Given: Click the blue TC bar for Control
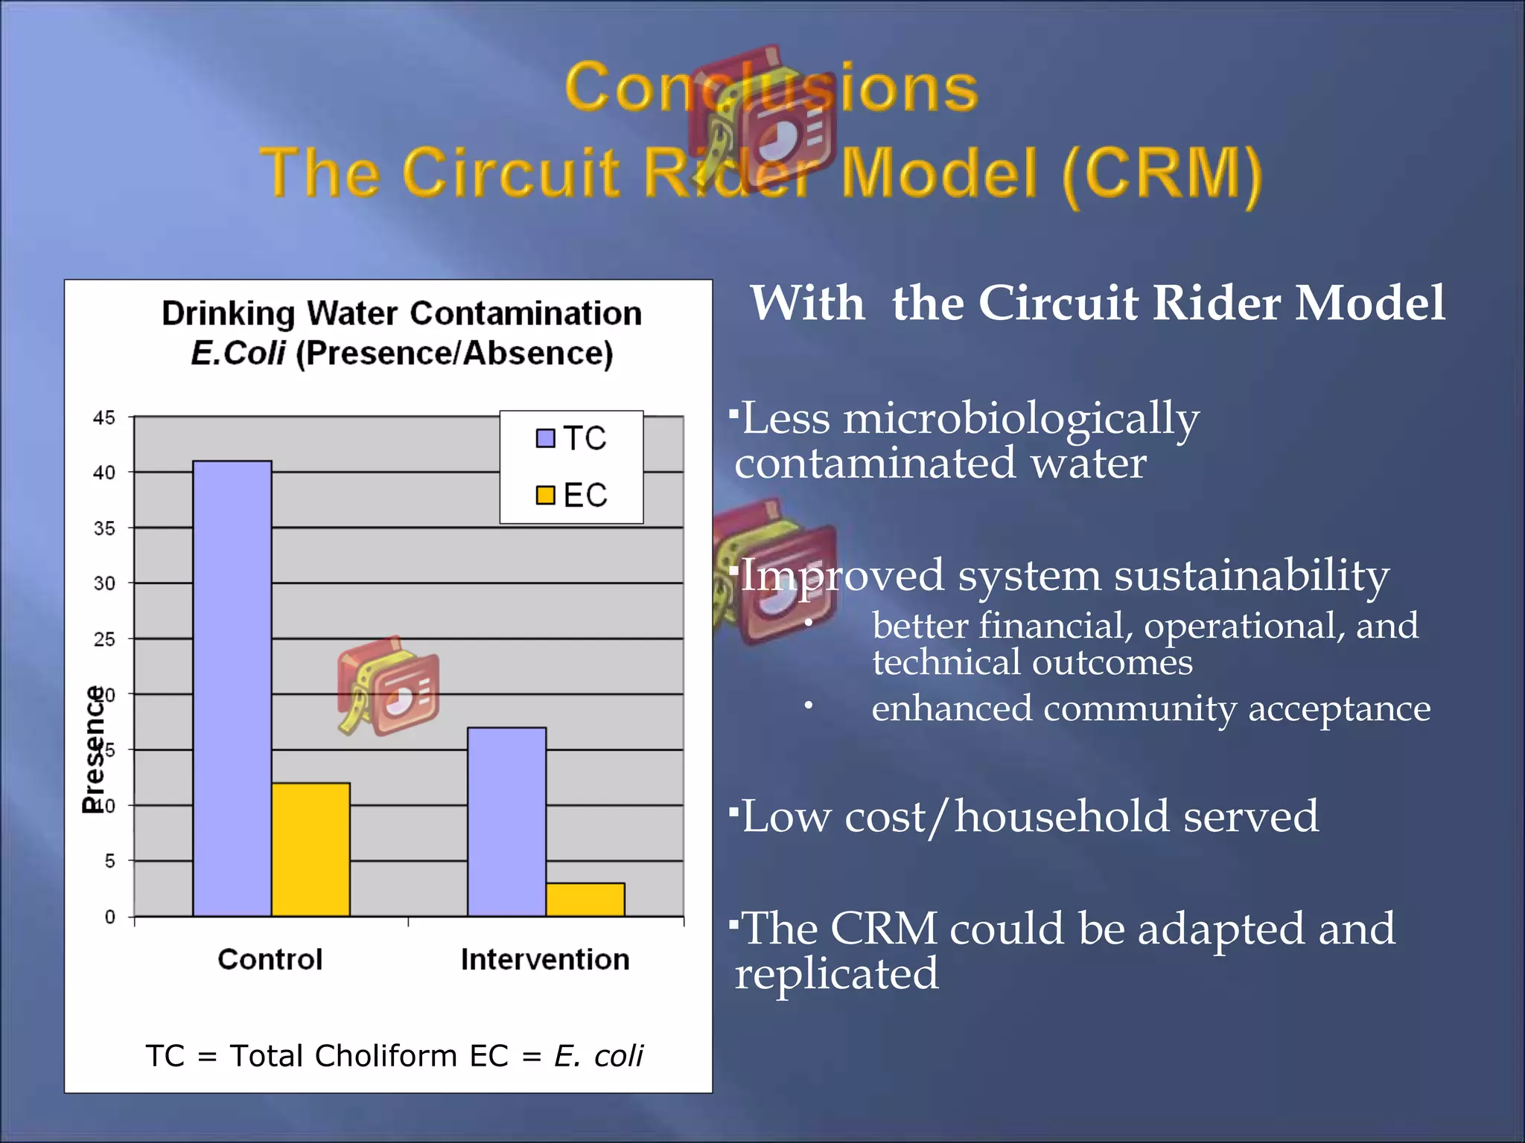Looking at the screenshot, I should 232,688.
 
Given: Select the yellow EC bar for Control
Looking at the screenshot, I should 311,849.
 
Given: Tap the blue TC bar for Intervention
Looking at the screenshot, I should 506,822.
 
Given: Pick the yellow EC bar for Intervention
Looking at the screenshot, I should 585,899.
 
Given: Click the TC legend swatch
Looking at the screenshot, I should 545,438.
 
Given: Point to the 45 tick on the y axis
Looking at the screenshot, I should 104,417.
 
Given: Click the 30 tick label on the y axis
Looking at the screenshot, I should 104,583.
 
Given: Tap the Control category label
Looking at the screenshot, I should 270,959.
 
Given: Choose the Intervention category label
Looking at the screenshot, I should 545,959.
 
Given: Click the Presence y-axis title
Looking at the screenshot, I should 94,749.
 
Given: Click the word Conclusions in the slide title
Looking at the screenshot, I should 771,88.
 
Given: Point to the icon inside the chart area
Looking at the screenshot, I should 387,686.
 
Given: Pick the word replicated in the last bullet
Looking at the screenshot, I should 836,974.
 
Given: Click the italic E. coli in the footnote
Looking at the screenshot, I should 598,1055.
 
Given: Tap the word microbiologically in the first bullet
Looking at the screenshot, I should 1021,418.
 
